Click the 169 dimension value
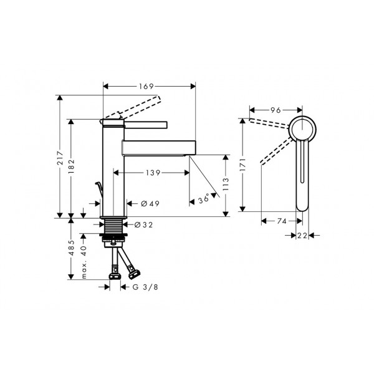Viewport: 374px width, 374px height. (146, 87)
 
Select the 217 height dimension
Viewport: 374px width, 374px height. (60, 158)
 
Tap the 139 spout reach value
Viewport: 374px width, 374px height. (153, 173)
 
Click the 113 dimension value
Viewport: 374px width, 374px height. (226, 184)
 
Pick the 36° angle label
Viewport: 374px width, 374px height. (203, 199)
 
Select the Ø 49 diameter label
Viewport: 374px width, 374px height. (150, 203)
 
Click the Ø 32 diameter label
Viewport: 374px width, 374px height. (143, 224)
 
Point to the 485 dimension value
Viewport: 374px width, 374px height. (71, 248)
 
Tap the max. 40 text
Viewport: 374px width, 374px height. (84, 262)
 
